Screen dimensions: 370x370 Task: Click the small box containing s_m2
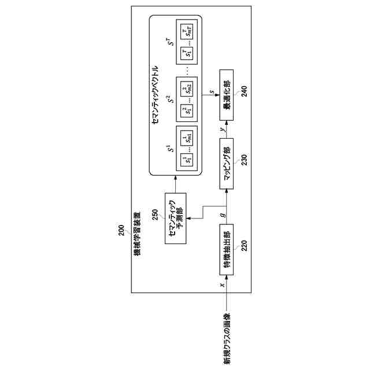point(188,88)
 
